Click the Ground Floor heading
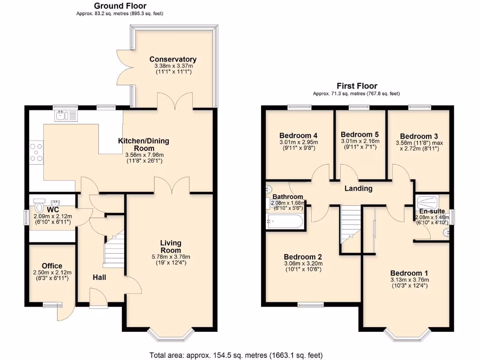pyautogui.click(x=120, y=6)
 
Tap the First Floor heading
pyautogui.click(x=356, y=86)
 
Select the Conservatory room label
pyautogui.click(x=173, y=60)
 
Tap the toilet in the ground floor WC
pyautogui.click(x=39, y=206)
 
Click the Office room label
pyautogui.click(x=52, y=266)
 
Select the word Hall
pyautogui.click(x=99, y=277)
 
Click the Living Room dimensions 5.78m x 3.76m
pyautogui.click(x=171, y=257)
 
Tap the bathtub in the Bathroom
pyautogui.click(x=285, y=221)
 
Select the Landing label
pyautogui.click(x=359, y=188)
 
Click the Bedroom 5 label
pyautogui.click(x=360, y=134)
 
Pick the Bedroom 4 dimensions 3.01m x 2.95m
pyautogui.click(x=299, y=142)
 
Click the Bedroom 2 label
pyautogui.click(x=302, y=257)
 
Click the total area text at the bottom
pyautogui.click(x=236, y=355)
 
